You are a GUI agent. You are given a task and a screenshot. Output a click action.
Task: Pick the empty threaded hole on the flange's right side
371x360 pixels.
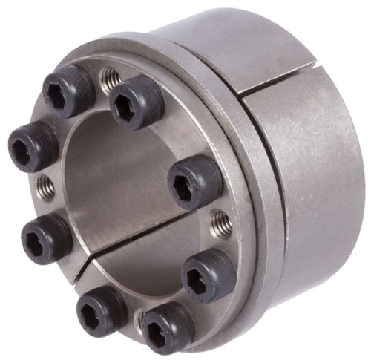tap(218, 220)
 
